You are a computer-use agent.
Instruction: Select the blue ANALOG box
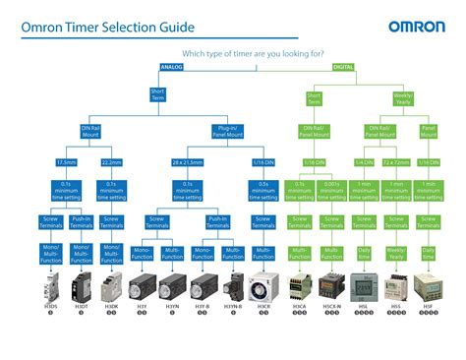(171, 67)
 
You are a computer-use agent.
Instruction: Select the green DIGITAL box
(343, 67)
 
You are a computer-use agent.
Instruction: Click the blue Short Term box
(157, 96)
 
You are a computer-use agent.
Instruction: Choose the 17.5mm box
(67, 162)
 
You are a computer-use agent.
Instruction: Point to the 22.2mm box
(110, 162)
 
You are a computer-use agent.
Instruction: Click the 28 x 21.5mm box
(187, 162)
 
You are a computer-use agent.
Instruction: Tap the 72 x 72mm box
(396, 162)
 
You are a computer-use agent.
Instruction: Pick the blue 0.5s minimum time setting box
(262, 187)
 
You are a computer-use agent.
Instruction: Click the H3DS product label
(51, 306)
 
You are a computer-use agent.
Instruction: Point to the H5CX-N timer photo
(331, 285)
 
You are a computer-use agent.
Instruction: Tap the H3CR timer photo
(262, 285)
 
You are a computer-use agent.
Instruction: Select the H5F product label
(429, 306)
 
